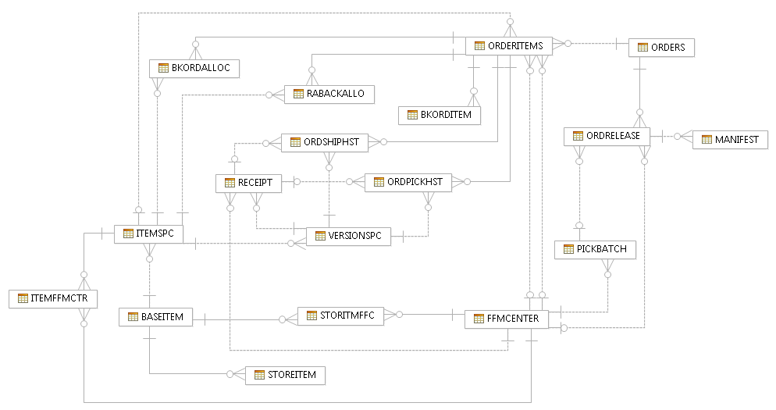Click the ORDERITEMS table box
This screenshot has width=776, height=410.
pos(509,46)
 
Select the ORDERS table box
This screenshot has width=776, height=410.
pos(661,47)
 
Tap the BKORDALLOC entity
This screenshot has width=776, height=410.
pos(194,68)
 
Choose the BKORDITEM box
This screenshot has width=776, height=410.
pos(440,116)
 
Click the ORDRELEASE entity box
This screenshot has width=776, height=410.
pos(607,136)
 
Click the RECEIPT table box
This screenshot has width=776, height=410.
pos(248,183)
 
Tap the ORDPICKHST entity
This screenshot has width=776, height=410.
pos(408,182)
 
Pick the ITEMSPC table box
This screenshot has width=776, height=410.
pos(148,234)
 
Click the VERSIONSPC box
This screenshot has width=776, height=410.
pos(348,236)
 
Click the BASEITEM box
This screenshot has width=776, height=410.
pos(155,317)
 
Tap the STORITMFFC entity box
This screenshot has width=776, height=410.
pos(340,316)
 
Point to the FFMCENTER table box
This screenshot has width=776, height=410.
pos(506,319)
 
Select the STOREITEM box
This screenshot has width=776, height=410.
pos(284,376)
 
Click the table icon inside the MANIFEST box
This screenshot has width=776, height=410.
pos(706,140)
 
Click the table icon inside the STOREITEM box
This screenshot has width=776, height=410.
pos(258,376)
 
